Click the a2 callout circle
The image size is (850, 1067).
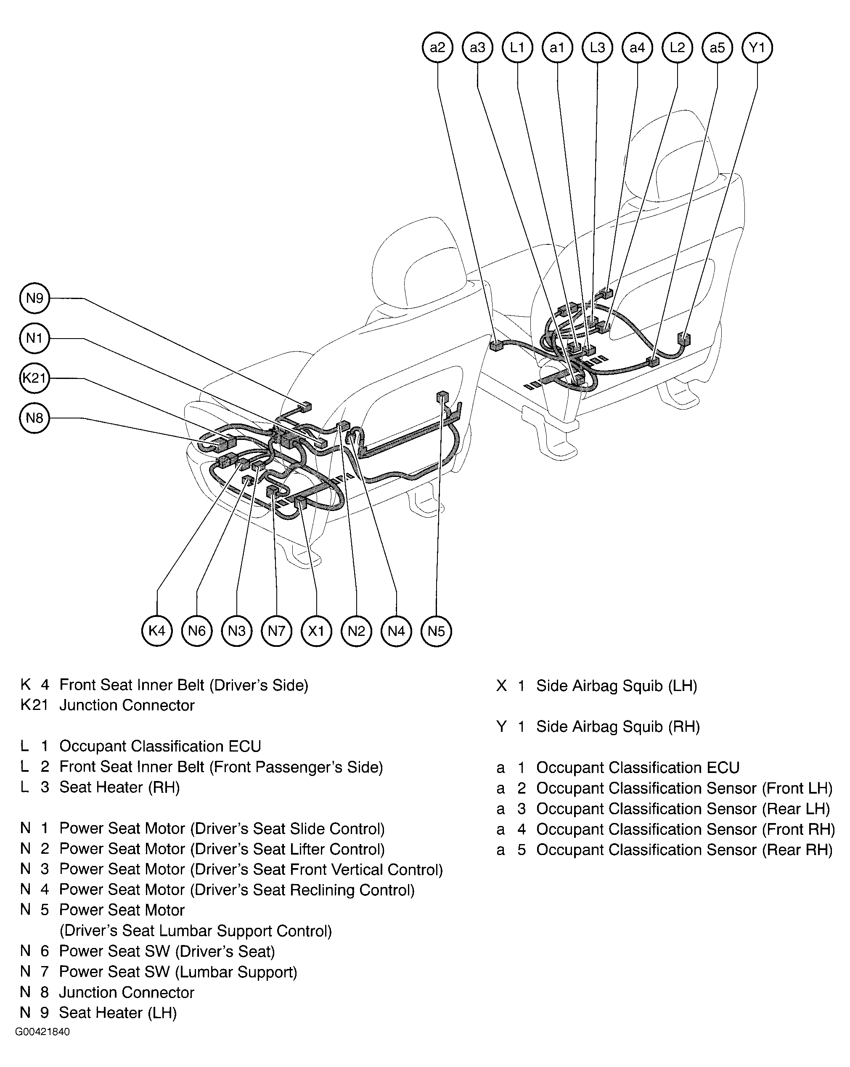(x=438, y=48)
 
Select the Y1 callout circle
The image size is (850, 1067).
(x=757, y=48)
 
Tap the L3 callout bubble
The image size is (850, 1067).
(x=597, y=48)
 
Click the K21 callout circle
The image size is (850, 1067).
(x=34, y=378)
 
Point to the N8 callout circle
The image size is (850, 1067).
(x=34, y=418)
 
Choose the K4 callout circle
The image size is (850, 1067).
(x=157, y=631)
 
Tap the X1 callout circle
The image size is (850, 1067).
(x=316, y=631)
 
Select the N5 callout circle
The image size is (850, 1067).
(x=436, y=631)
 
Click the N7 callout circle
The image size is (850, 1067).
(x=277, y=631)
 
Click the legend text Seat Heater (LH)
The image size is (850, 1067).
(x=118, y=1013)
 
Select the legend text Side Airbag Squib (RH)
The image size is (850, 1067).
(x=618, y=726)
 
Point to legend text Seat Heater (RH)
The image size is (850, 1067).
(x=119, y=787)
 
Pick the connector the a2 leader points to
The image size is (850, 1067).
(x=496, y=344)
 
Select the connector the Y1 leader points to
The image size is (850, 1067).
(x=684, y=339)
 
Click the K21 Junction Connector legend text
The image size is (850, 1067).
(x=127, y=705)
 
